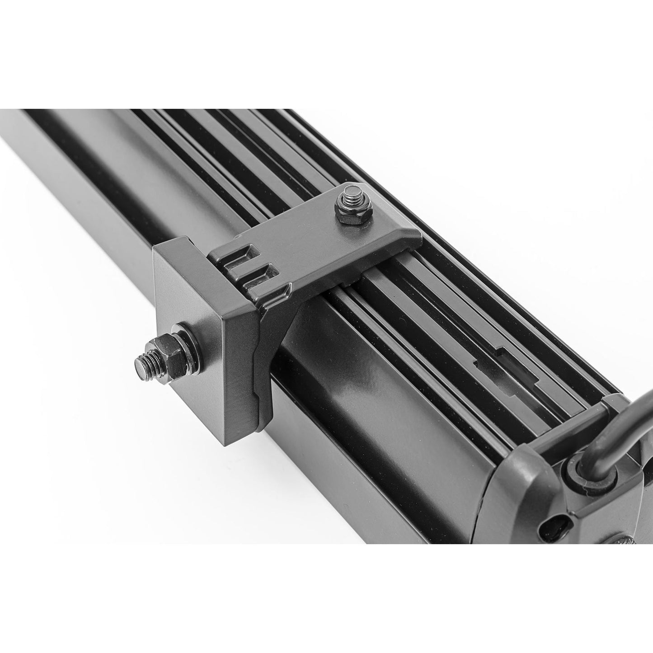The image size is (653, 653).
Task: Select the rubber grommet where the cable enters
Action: click(577, 491)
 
